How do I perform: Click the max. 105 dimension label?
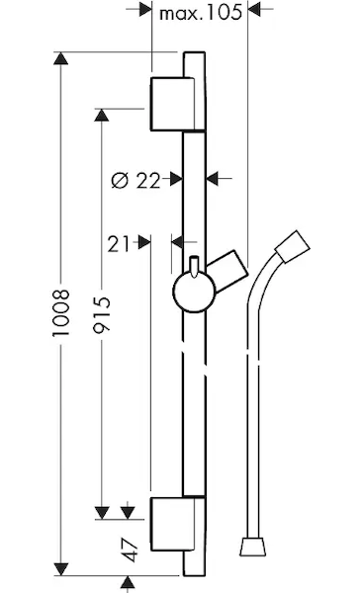click(x=200, y=13)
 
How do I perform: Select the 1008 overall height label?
click(x=61, y=312)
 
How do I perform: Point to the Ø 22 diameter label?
click(x=135, y=181)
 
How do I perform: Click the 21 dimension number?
click(x=119, y=244)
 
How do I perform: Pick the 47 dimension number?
click(x=130, y=551)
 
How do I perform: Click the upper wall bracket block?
click(x=173, y=104)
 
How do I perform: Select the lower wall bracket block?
click(x=173, y=524)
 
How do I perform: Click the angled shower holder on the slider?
click(x=227, y=271)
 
